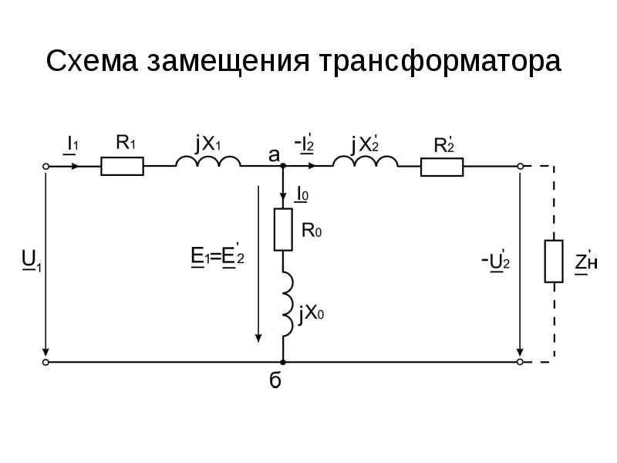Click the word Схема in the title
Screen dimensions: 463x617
(x=96, y=61)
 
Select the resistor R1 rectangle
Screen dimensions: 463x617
(x=122, y=166)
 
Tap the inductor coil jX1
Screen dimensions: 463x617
(x=207, y=162)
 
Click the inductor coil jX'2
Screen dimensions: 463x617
(x=365, y=162)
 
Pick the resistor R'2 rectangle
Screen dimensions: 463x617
(x=442, y=166)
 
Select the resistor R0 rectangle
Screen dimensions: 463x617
(x=283, y=229)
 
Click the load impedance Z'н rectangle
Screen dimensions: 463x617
(x=554, y=262)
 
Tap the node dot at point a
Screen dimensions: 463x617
(x=283, y=166)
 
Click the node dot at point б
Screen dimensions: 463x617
(x=283, y=361)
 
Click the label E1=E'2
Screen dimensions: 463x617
(x=217, y=255)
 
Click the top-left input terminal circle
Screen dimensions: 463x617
(x=46, y=166)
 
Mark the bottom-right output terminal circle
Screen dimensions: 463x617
(x=521, y=361)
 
